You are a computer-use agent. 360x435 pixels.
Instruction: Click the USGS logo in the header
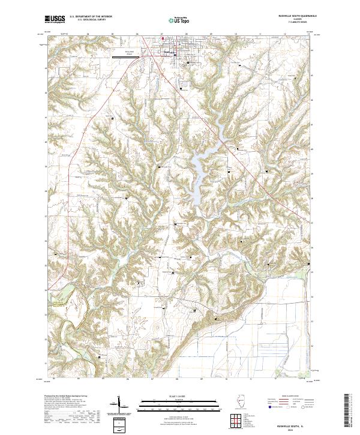[55, 19]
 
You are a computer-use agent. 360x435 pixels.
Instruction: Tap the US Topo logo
[173, 19]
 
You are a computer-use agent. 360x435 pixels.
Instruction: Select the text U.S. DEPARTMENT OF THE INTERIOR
[91, 16]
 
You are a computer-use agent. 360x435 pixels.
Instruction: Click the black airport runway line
[128, 58]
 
